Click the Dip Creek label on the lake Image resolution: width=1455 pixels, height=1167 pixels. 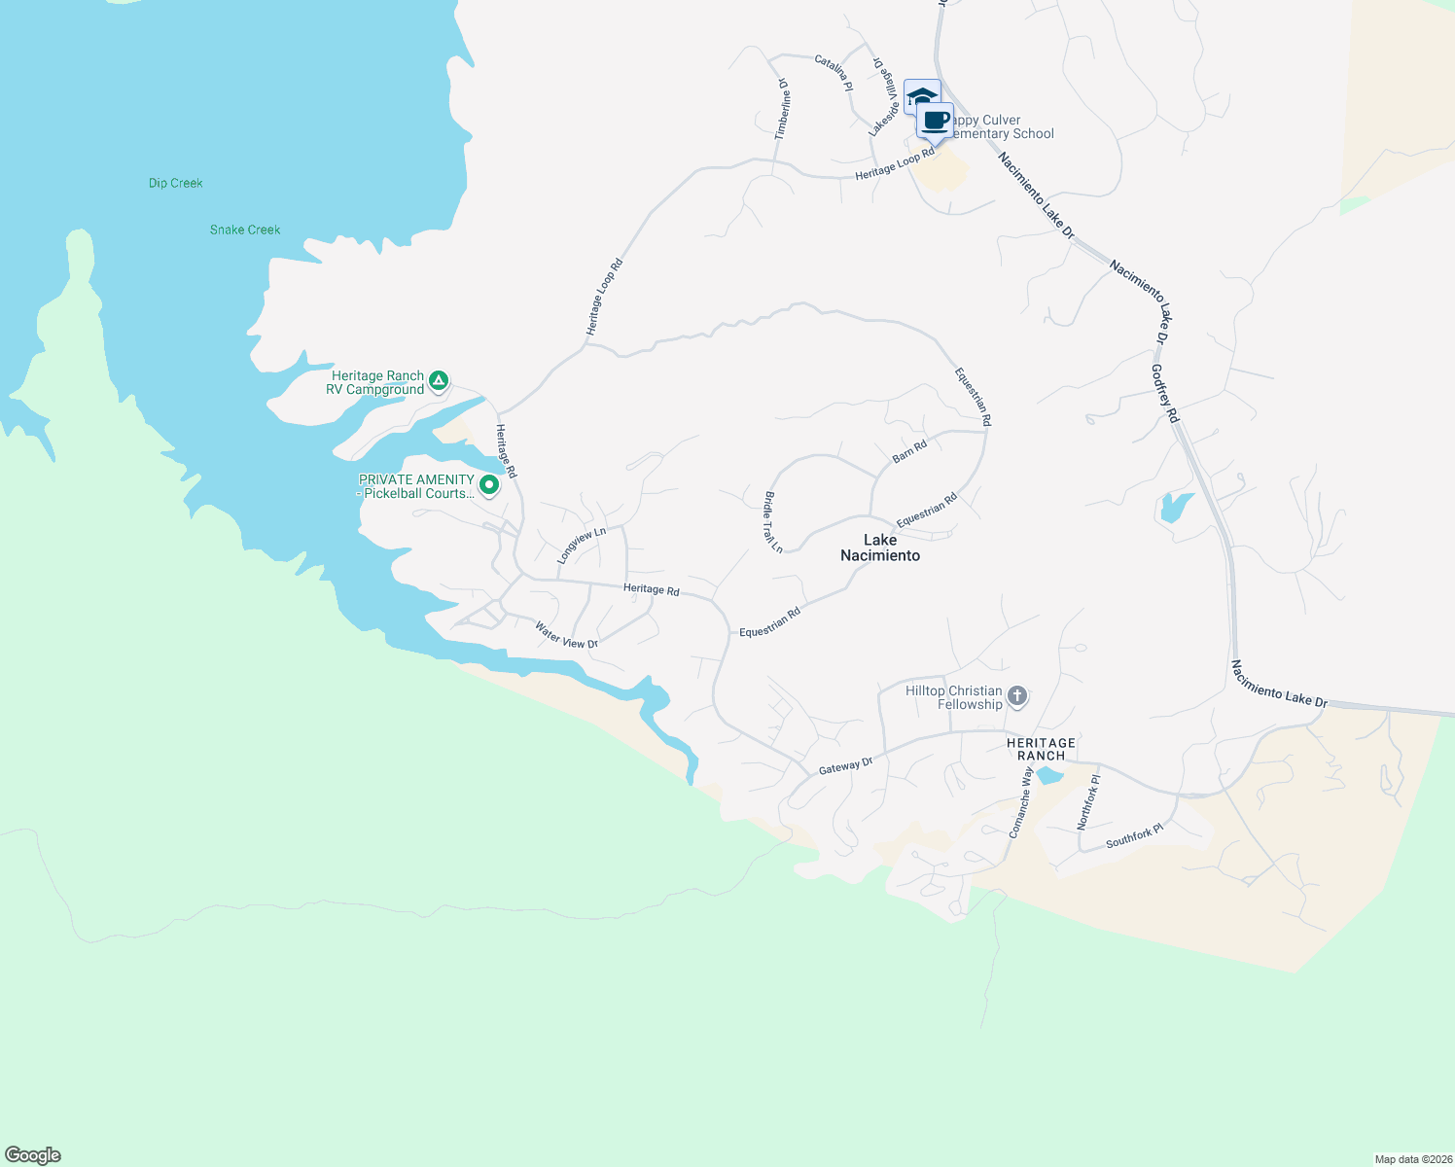(176, 183)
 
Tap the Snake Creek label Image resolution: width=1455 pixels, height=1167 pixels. (245, 230)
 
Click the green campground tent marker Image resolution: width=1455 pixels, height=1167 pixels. (439, 381)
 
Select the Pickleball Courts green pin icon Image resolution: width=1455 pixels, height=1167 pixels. (489, 483)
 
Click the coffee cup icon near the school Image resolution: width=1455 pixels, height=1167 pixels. (936, 121)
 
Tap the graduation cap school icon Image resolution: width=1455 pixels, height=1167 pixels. (920, 96)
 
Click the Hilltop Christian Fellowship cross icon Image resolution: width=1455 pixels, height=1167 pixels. (1017, 695)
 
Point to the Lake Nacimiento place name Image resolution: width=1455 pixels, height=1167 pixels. (880, 548)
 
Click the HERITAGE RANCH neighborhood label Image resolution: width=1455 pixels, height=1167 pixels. (1041, 749)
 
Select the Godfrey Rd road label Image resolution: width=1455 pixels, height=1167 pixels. (1165, 393)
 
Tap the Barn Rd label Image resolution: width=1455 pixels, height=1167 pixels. (909, 451)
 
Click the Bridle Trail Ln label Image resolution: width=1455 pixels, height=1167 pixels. (773, 522)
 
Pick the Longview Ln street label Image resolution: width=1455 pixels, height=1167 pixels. (582, 546)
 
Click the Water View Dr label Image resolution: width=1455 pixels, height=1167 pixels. (566, 636)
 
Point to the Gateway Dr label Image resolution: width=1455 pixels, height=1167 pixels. (846, 766)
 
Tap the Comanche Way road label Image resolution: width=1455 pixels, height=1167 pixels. (1020, 802)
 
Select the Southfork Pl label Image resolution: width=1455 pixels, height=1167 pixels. (1134, 836)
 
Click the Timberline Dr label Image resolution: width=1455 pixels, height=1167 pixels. (783, 109)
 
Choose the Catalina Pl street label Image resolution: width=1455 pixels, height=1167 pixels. (834, 73)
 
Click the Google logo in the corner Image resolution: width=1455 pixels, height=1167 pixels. (33, 1155)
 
